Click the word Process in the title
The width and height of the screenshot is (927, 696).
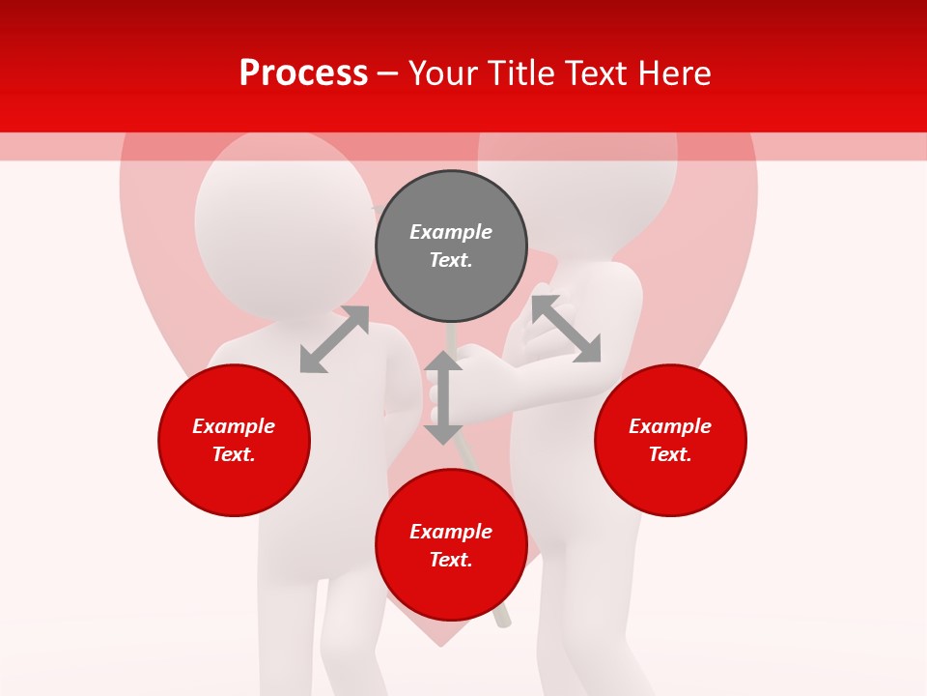(x=303, y=73)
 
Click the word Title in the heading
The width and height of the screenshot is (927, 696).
(x=520, y=73)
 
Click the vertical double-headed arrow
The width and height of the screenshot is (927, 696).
(x=443, y=397)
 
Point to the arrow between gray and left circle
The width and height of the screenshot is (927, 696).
(x=335, y=338)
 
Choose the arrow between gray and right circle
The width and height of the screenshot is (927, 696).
(x=566, y=329)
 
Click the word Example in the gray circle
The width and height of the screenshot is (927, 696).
(x=451, y=232)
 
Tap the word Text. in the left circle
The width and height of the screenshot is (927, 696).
(x=234, y=454)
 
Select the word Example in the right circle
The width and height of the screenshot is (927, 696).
(x=670, y=426)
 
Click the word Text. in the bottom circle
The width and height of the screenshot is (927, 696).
(x=451, y=560)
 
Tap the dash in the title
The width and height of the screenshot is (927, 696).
(x=387, y=73)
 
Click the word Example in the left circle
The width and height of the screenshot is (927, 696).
(x=234, y=426)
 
